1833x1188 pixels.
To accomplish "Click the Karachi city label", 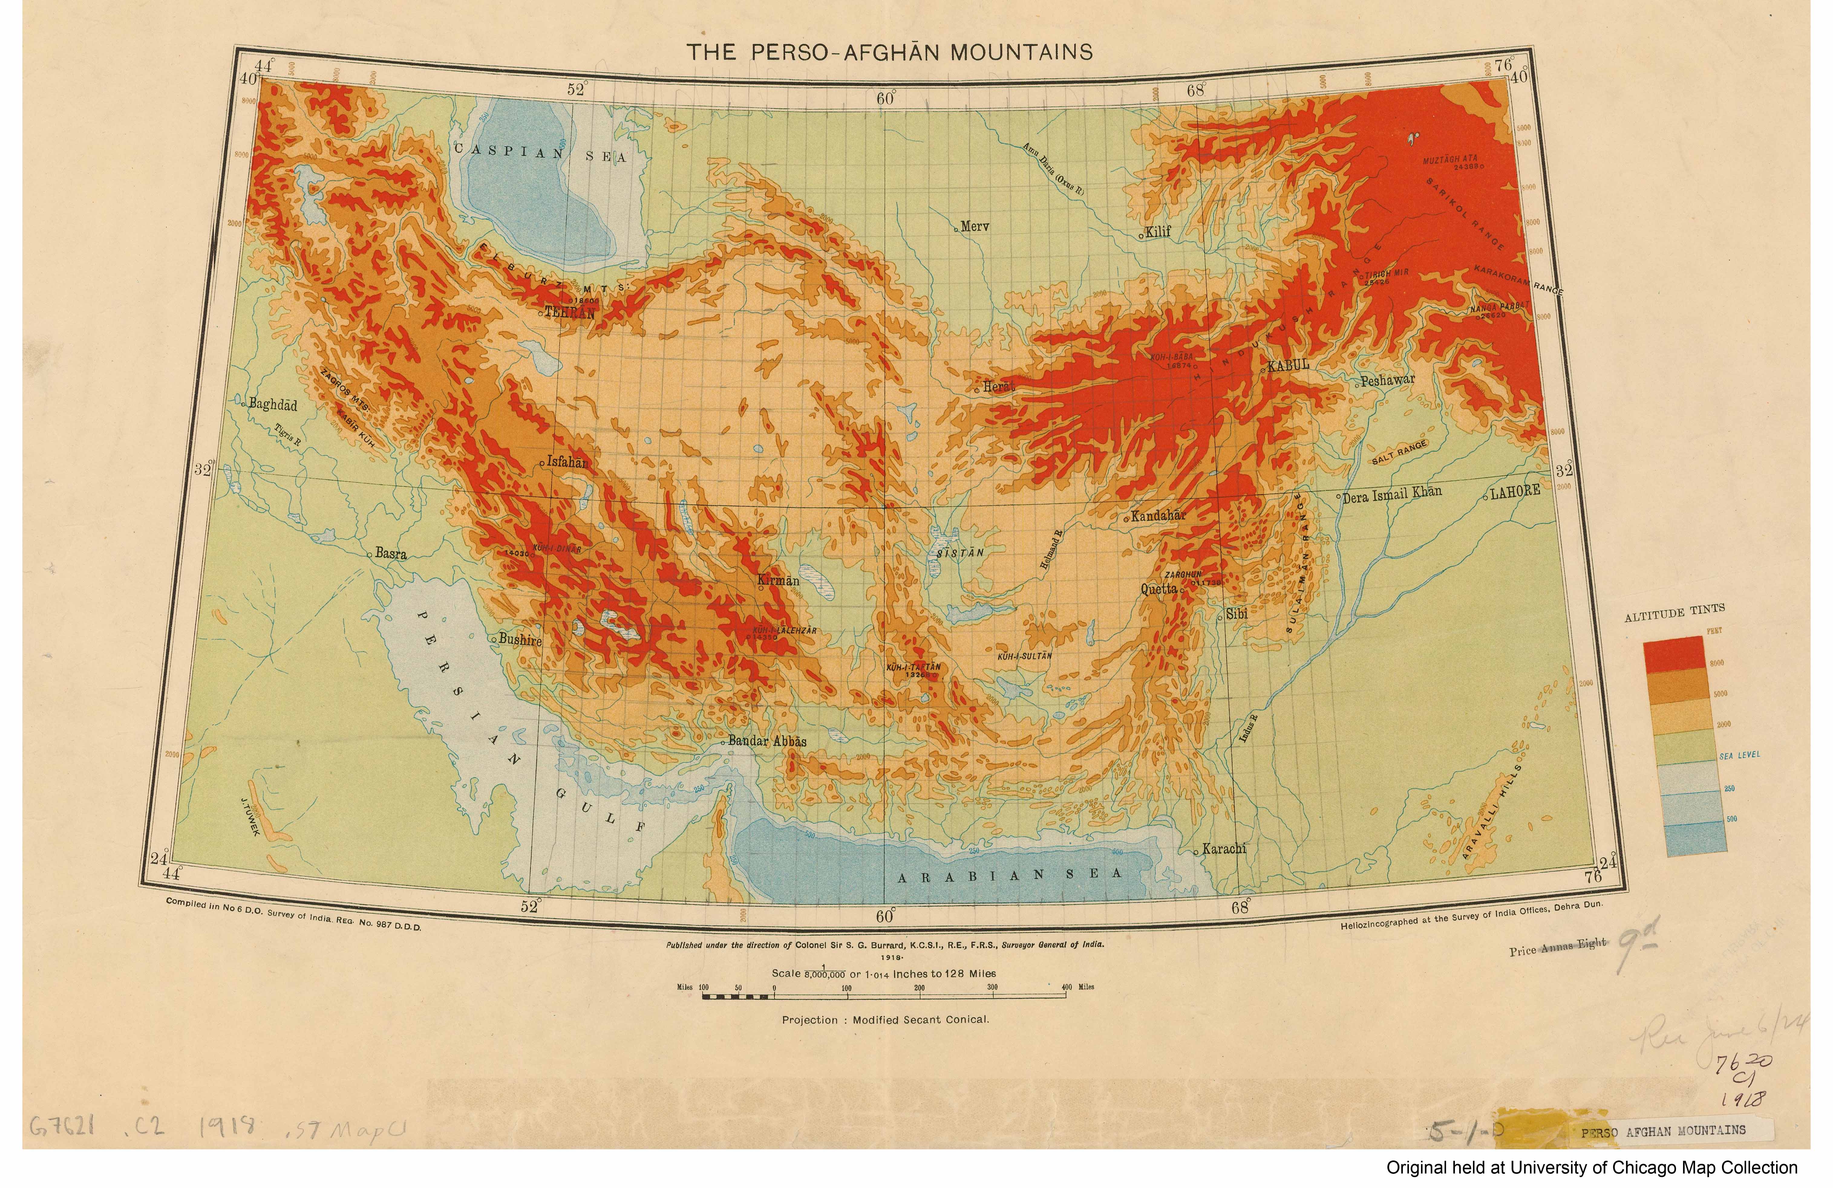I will click(1223, 849).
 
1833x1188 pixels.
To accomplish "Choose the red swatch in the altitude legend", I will click(1674, 653).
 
